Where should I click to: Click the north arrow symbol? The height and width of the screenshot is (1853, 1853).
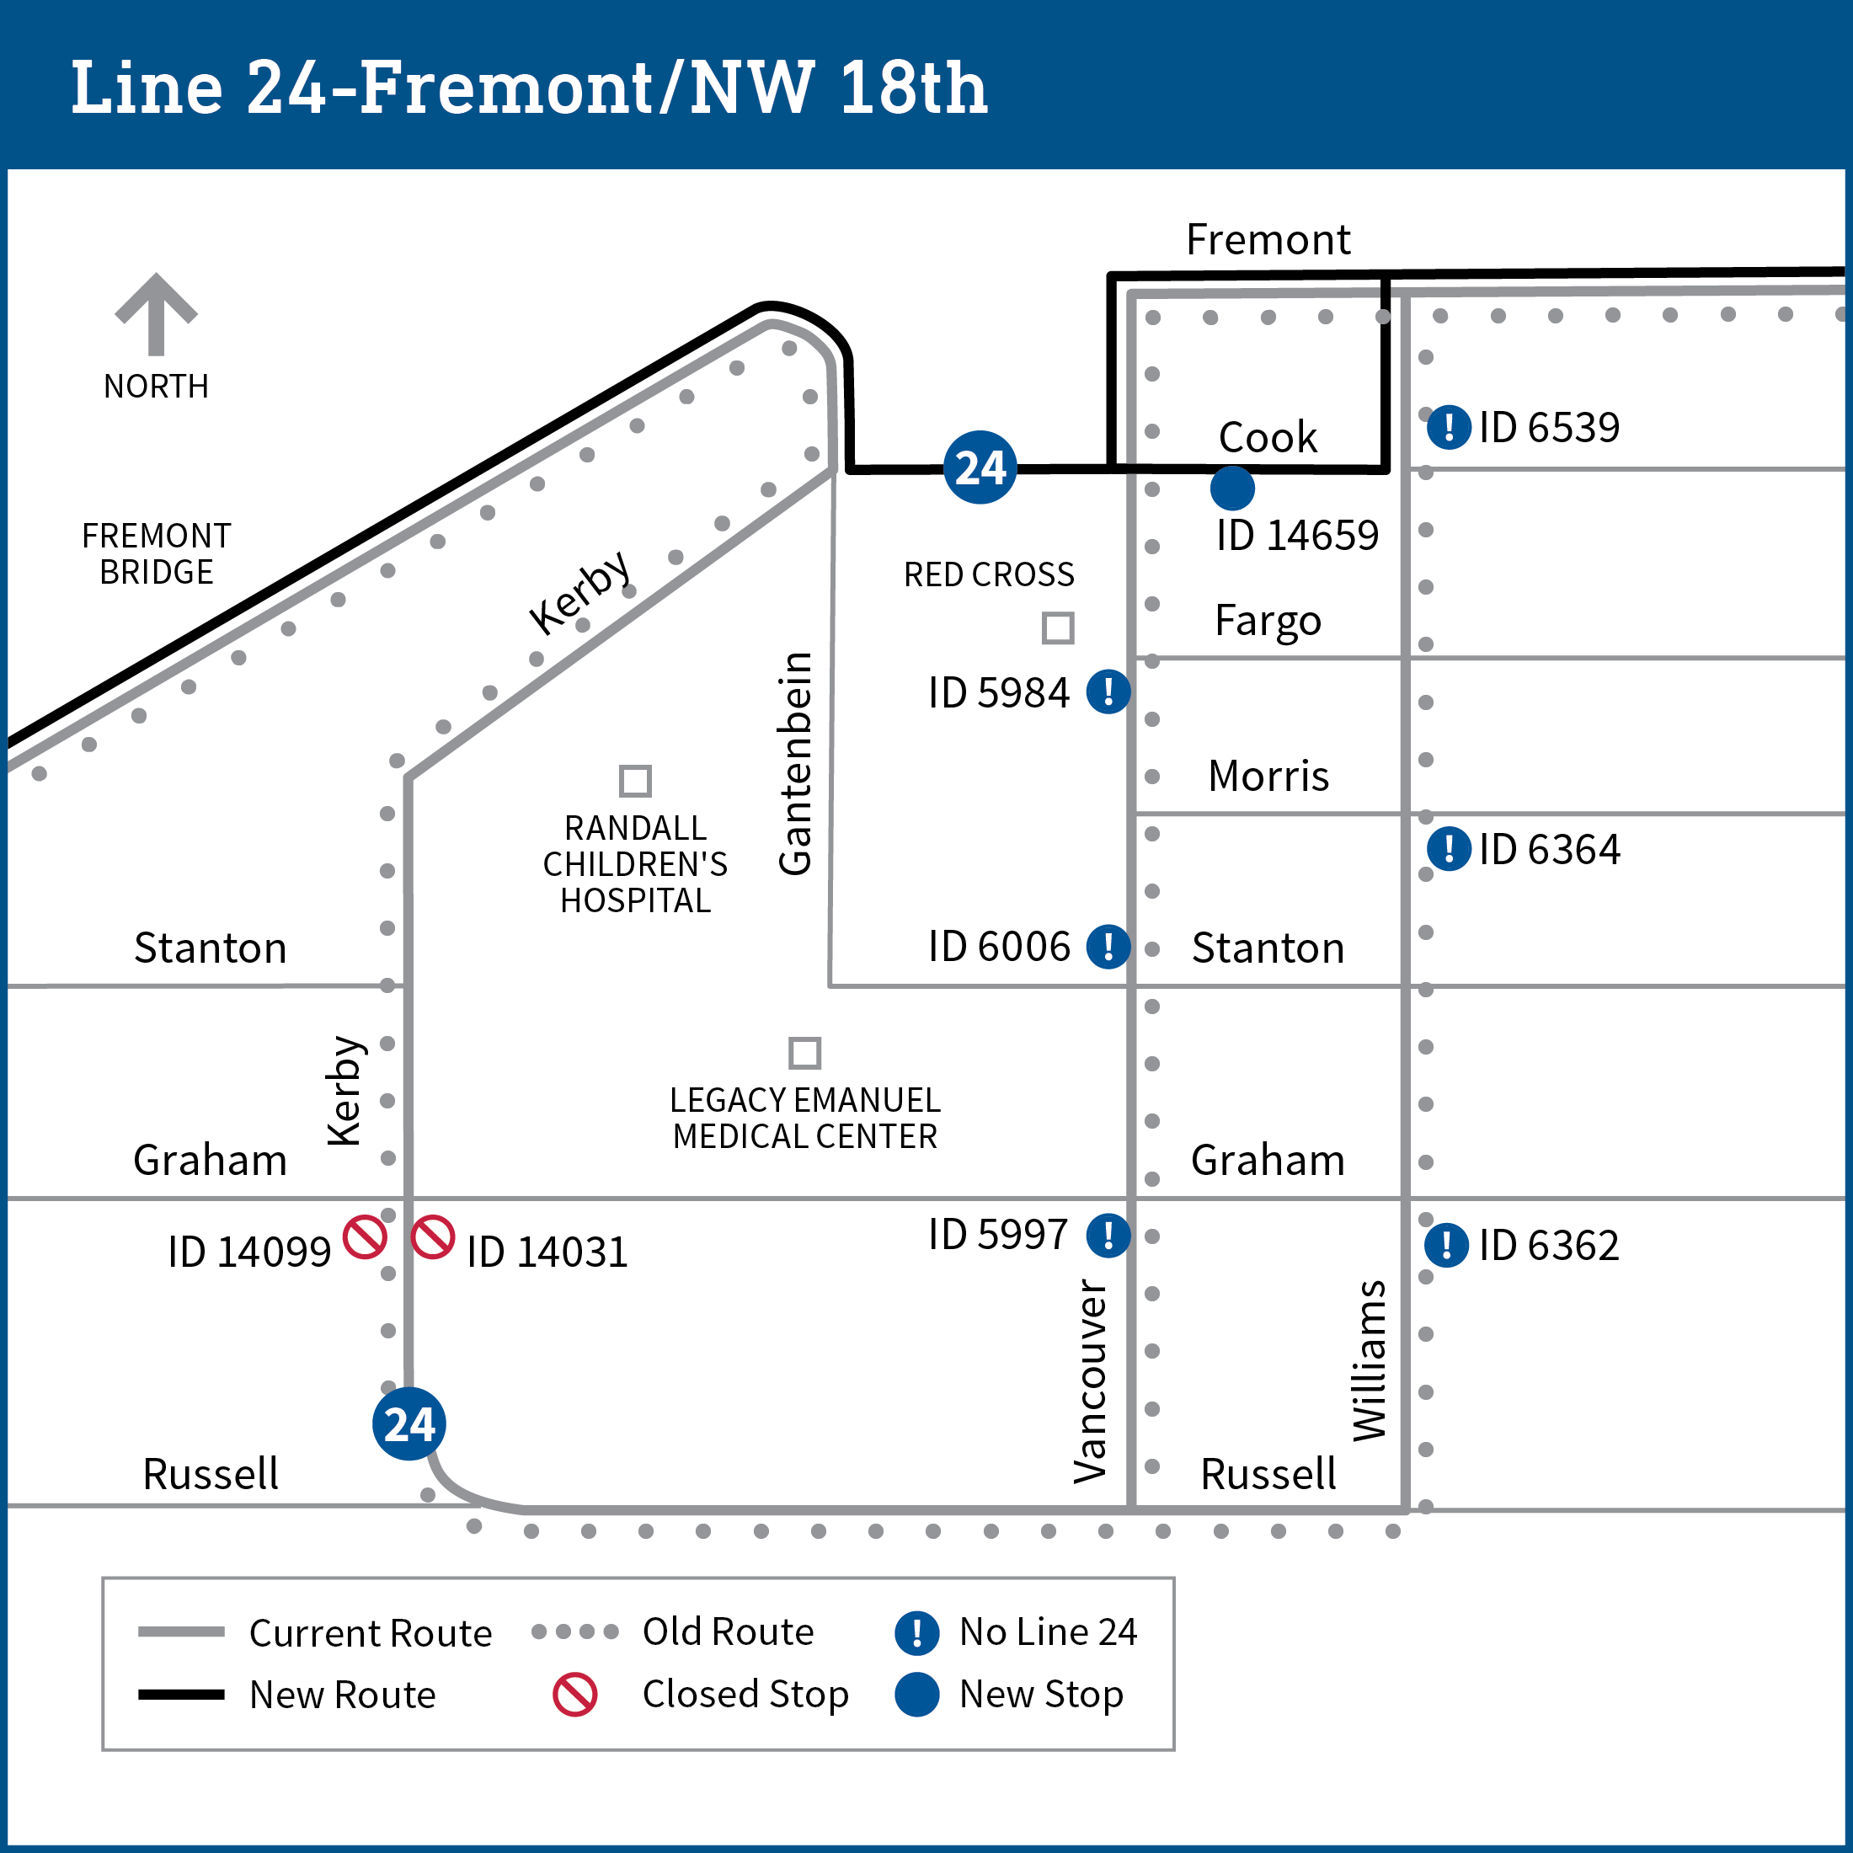(x=157, y=314)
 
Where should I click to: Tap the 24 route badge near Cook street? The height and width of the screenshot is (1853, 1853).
(x=980, y=467)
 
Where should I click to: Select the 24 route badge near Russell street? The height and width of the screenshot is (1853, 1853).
(x=409, y=1423)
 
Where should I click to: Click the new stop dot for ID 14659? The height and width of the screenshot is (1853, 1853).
(x=1231, y=489)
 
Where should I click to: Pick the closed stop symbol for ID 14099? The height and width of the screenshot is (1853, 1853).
(x=366, y=1236)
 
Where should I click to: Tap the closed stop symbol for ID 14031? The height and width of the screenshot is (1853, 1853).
(x=433, y=1236)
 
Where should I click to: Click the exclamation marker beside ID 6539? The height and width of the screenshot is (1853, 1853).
(x=1448, y=427)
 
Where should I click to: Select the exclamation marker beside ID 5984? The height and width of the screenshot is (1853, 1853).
(x=1108, y=692)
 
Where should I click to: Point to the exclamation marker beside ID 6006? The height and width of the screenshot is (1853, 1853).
(x=1108, y=946)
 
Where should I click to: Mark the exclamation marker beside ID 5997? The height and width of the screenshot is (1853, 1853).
(x=1108, y=1235)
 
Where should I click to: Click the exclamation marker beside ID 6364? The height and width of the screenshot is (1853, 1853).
(x=1448, y=849)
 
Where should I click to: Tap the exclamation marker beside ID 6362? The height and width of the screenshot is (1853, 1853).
(x=1446, y=1245)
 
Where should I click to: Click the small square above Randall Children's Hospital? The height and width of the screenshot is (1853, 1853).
(x=635, y=781)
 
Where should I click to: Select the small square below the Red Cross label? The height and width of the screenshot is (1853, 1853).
(x=1057, y=628)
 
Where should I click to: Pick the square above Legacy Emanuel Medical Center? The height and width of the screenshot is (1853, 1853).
(x=804, y=1052)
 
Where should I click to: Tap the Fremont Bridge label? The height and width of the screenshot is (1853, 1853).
(x=157, y=553)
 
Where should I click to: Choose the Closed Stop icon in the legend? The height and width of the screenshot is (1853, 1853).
(x=574, y=1695)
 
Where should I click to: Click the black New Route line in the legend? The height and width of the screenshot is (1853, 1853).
(x=180, y=1695)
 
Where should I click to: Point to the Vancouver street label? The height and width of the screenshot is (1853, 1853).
(x=1091, y=1381)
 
